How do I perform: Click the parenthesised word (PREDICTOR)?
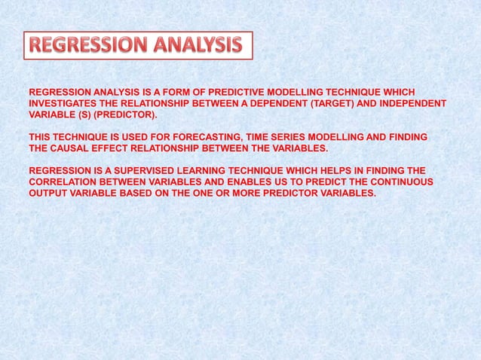(127, 115)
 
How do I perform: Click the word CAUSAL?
(72, 148)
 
